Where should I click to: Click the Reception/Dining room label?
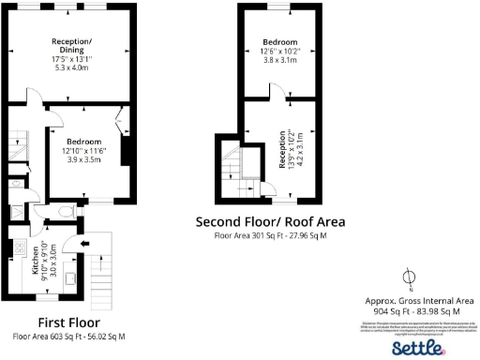(x=71, y=47)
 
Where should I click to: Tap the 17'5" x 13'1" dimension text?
(x=71, y=60)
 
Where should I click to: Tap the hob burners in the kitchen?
(x=18, y=250)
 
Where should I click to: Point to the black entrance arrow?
(x=86, y=247)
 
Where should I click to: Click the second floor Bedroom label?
(x=280, y=42)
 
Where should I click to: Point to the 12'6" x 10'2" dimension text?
(x=280, y=51)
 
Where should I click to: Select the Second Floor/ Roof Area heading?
(x=269, y=222)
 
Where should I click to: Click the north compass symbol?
(x=408, y=277)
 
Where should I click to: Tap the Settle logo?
(x=416, y=348)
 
